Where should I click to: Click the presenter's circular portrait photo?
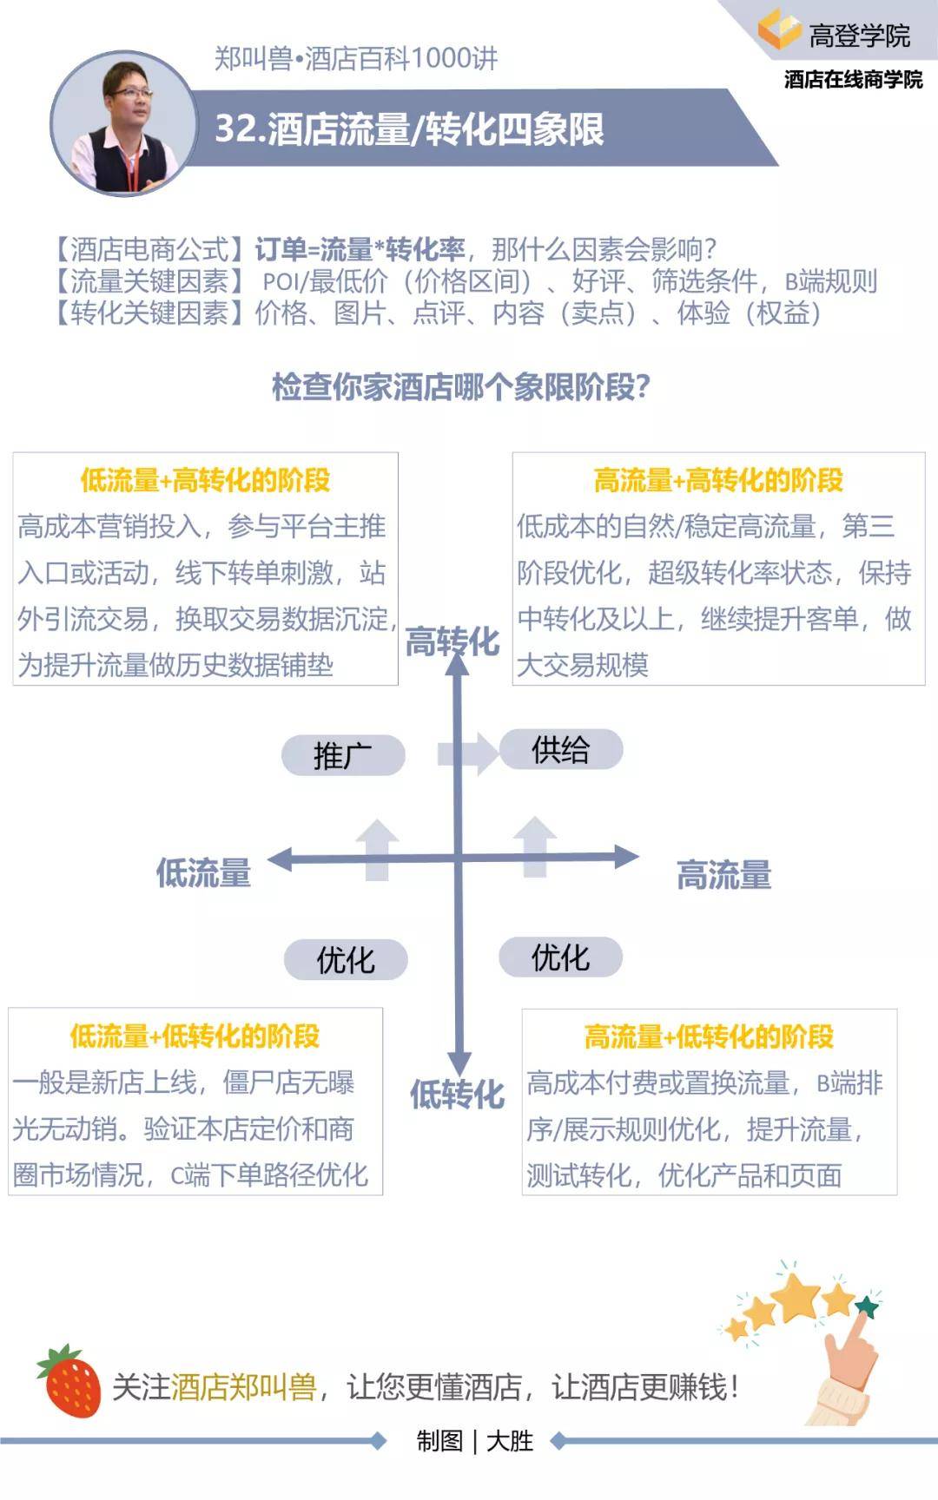[x=124, y=124]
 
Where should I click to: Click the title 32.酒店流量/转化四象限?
[x=409, y=129]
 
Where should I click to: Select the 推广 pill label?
[x=343, y=755]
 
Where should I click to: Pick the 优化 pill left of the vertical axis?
[x=346, y=960]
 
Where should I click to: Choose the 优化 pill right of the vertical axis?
[x=561, y=957]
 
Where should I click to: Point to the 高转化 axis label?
[x=452, y=642]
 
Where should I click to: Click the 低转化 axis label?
[x=458, y=1095]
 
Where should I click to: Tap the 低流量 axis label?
[x=203, y=872]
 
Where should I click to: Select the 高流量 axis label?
[x=724, y=875]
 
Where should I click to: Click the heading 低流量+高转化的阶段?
[x=205, y=480]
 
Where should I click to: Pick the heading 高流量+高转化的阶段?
[x=718, y=480]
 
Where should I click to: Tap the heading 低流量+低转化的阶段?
[x=195, y=1036]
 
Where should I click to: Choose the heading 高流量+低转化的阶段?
[x=709, y=1036]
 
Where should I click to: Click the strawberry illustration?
[x=69, y=1380]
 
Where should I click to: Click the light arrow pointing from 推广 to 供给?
[x=469, y=752]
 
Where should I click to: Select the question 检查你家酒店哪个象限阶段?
[x=461, y=387]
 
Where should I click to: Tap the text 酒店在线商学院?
[x=853, y=80]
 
